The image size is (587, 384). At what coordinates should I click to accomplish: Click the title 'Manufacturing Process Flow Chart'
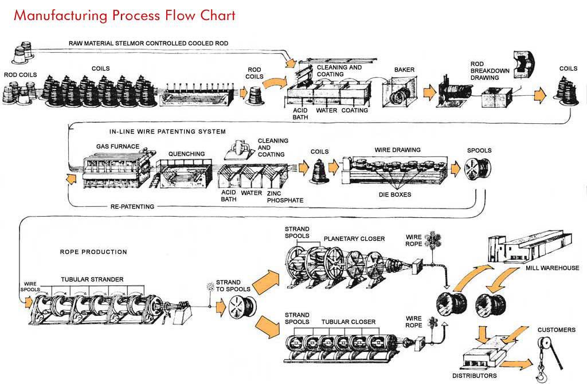124,15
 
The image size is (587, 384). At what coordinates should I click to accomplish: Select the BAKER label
404,70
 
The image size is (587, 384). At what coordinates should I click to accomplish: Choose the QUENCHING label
186,154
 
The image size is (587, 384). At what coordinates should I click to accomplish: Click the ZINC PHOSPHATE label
285,197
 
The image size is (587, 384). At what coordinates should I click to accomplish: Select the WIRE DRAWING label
397,150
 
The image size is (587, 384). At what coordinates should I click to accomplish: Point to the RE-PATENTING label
132,206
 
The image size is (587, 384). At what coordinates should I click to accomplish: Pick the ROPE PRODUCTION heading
93,252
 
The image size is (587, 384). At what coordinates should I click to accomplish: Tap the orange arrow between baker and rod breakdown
429,92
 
